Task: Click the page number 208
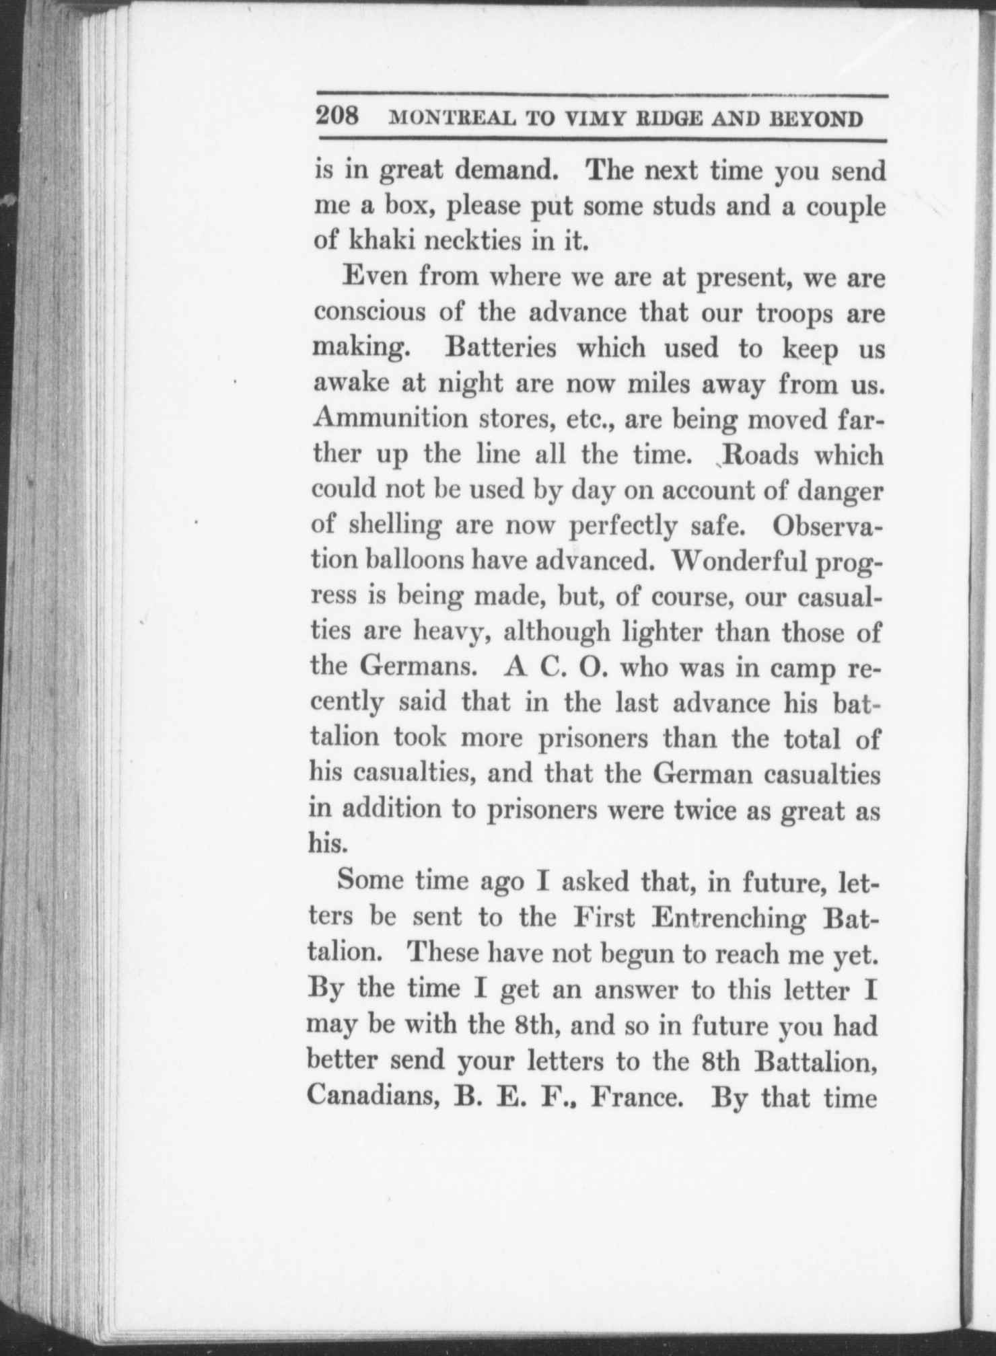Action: tap(339, 117)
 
